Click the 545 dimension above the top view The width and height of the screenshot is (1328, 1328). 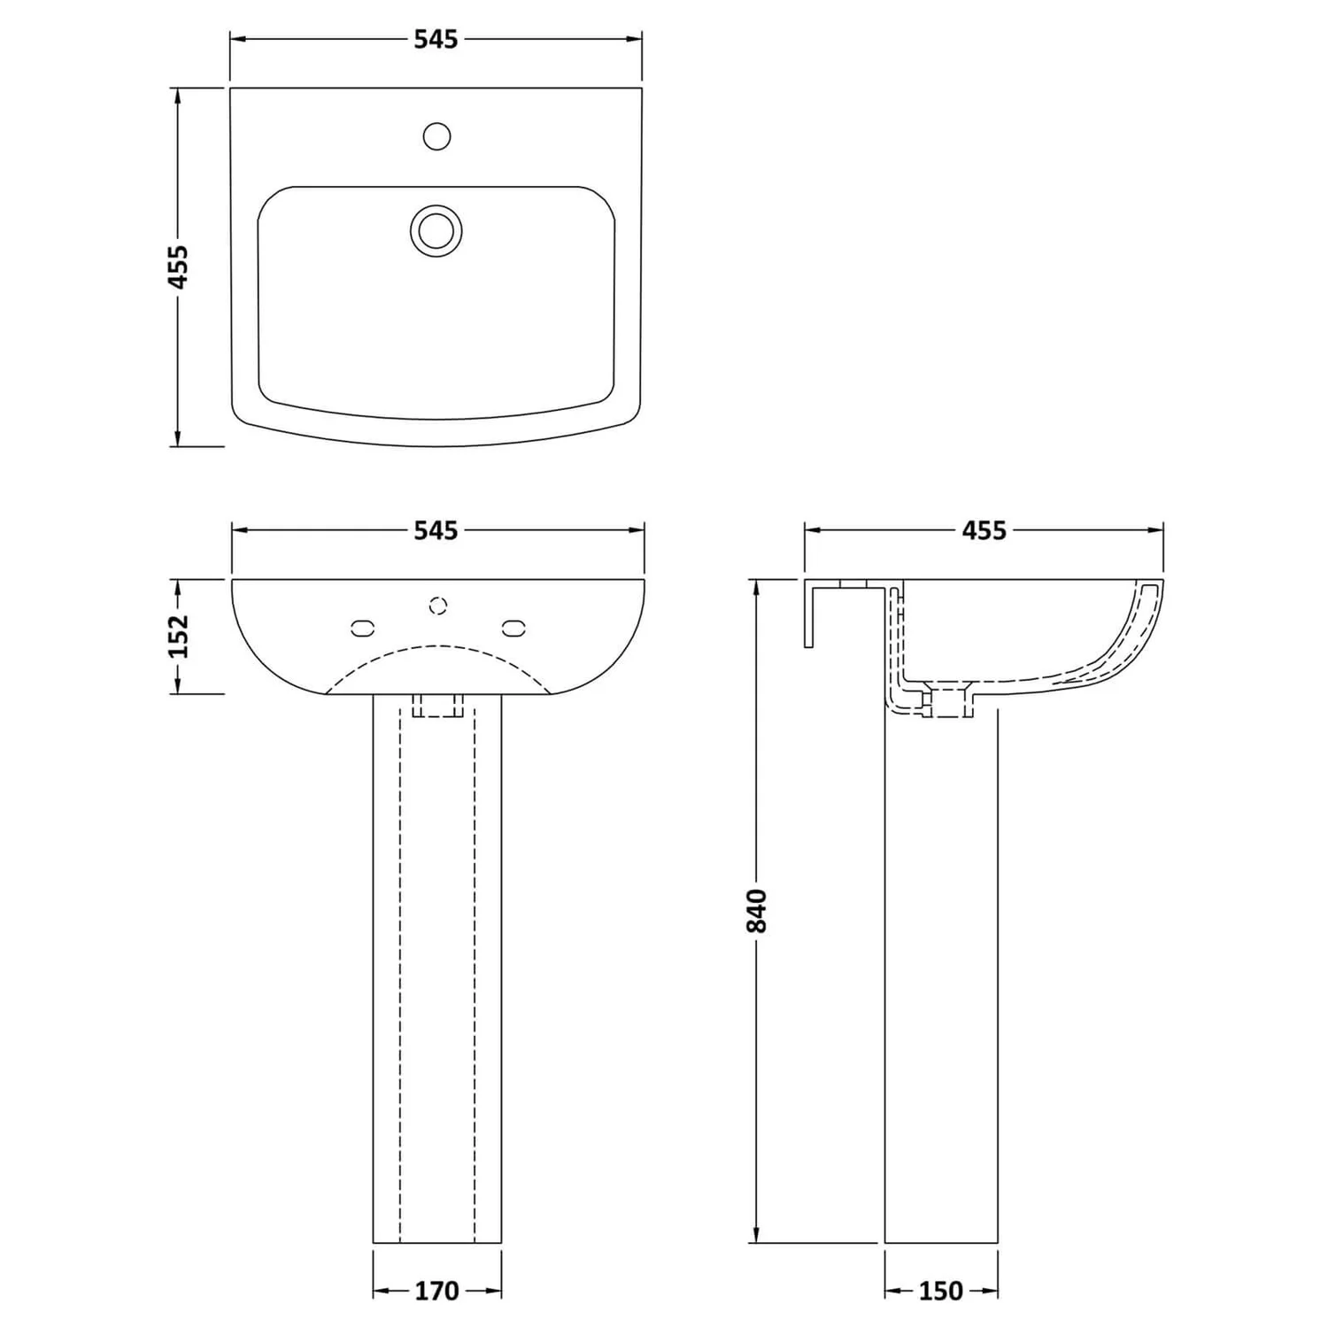(436, 40)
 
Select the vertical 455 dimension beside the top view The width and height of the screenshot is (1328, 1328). (179, 266)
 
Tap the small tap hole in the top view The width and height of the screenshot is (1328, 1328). (436, 136)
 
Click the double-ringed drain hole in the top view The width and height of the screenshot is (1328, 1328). (436, 230)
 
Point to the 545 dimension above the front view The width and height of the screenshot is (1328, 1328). (436, 530)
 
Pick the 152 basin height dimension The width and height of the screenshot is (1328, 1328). (179, 636)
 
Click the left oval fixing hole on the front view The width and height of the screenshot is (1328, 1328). (363, 628)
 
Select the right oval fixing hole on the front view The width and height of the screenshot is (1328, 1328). (513, 628)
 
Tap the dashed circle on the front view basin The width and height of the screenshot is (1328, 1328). (437, 606)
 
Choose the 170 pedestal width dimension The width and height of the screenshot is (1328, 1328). (437, 1292)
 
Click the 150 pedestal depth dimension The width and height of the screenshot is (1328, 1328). (940, 1292)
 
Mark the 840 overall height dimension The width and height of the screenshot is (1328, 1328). (756, 910)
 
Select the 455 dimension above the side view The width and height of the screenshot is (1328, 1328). (984, 530)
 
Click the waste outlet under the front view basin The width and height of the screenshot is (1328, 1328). (437, 705)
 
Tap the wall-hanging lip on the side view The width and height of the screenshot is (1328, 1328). (809, 615)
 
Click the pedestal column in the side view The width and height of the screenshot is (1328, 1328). (941, 974)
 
